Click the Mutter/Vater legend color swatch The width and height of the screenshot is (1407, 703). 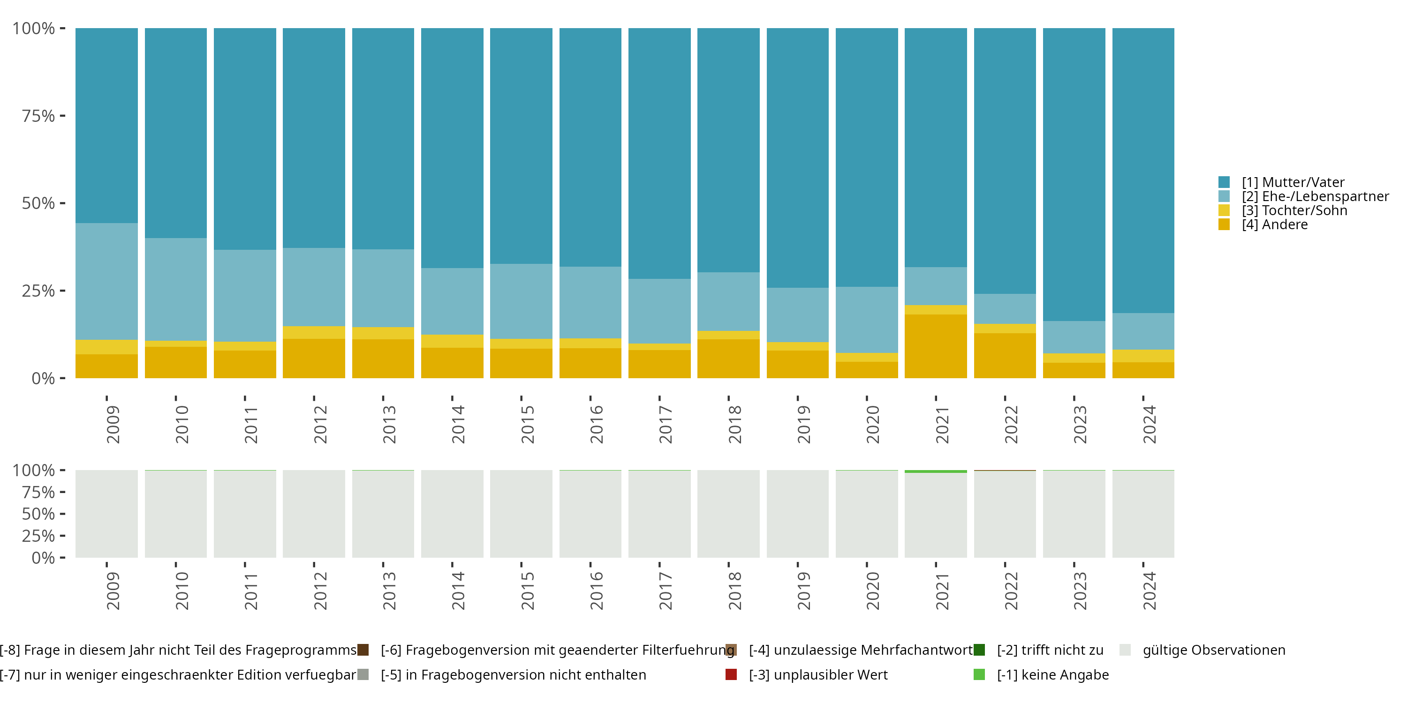coord(1224,182)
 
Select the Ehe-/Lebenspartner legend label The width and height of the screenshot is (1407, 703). coord(1315,196)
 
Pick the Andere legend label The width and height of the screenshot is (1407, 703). coord(1275,225)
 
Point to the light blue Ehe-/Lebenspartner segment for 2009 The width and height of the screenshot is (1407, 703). coord(106,281)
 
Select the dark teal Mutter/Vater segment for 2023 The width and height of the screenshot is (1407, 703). coord(1074,175)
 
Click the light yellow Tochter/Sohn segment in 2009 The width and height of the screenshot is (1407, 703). coord(106,347)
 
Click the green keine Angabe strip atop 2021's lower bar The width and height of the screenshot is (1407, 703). coord(936,471)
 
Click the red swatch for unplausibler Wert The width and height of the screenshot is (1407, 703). coord(731,674)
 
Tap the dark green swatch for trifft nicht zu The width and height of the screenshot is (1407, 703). coord(979,650)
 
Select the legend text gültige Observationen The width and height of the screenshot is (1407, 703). coord(1214,650)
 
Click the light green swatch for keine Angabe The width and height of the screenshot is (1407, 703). coord(979,674)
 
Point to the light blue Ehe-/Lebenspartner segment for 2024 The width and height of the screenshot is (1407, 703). coord(1143,331)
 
